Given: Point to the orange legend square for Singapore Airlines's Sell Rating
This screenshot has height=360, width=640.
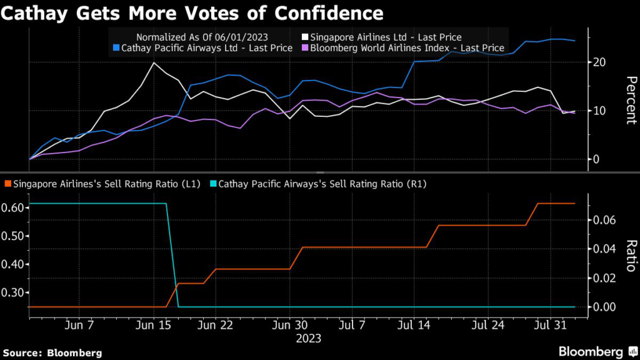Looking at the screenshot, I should point(7,184).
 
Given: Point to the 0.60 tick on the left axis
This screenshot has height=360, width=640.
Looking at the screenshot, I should point(14,208).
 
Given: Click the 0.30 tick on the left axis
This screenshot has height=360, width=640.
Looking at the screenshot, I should point(14,292).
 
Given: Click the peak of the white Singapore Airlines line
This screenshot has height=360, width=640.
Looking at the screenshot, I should point(154,62).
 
